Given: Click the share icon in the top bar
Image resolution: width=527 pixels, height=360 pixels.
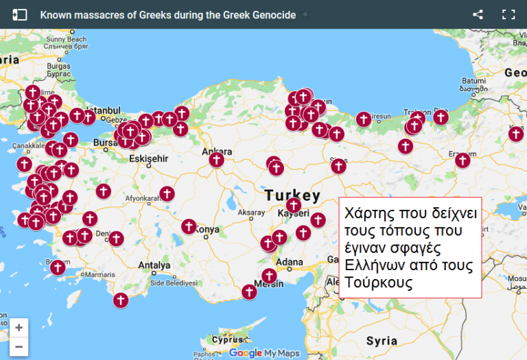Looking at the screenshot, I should [x=478, y=14].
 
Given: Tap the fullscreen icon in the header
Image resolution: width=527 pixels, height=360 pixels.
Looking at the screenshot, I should [x=508, y=14].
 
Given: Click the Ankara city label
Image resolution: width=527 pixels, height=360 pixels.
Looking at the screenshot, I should [x=216, y=150].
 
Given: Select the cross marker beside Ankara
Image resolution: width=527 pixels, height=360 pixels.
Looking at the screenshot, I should [x=216, y=160].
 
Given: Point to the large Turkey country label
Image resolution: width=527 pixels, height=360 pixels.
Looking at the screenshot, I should [x=293, y=195].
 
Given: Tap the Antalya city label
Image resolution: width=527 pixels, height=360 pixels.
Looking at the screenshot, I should [x=154, y=265].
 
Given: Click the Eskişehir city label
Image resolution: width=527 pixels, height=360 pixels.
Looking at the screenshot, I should [x=148, y=158].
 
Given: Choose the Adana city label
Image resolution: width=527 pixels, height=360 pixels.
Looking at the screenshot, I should [x=288, y=262].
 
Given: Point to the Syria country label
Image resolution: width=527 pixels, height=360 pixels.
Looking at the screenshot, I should [x=382, y=341].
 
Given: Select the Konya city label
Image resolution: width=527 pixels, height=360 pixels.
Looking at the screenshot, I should [x=207, y=230].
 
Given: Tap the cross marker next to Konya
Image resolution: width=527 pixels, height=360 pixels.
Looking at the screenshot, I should [x=189, y=226].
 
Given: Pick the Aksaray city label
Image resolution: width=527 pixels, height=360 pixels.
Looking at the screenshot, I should [x=250, y=213].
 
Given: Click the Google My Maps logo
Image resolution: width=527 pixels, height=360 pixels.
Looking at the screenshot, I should [x=265, y=352].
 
